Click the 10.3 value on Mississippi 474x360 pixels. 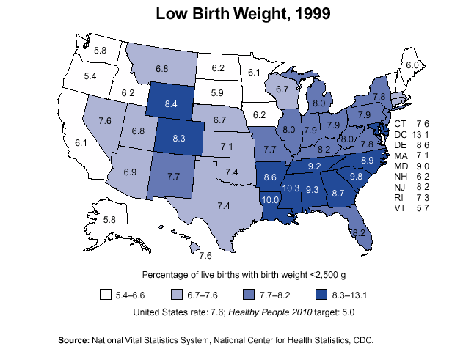coord(291,188)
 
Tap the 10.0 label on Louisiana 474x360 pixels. coord(270,199)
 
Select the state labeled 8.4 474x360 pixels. coord(172,104)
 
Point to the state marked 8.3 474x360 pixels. coord(179,138)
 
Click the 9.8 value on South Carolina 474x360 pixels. coord(357,177)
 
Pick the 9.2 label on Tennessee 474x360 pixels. coord(315,166)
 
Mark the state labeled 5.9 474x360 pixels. coord(217,93)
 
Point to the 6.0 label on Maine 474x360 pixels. coord(412,65)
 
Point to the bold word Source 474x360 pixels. coord(73,340)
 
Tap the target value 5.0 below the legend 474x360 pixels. coord(347,312)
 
